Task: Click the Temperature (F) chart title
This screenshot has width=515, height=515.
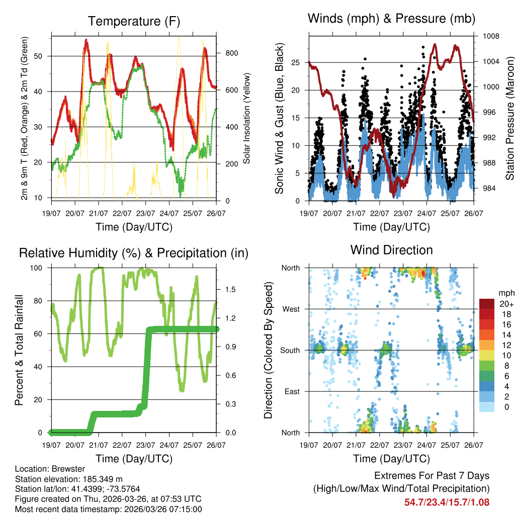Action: click(x=134, y=21)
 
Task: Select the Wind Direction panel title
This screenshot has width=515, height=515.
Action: click(x=391, y=249)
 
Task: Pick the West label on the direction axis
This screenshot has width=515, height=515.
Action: click(x=291, y=309)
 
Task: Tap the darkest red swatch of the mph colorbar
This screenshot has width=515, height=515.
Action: click(x=487, y=304)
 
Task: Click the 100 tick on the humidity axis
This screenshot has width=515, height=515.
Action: click(x=39, y=268)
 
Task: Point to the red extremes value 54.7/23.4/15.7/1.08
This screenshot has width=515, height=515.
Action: click(x=447, y=502)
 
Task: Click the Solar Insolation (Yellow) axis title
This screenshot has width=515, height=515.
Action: click(x=246, y=119)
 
